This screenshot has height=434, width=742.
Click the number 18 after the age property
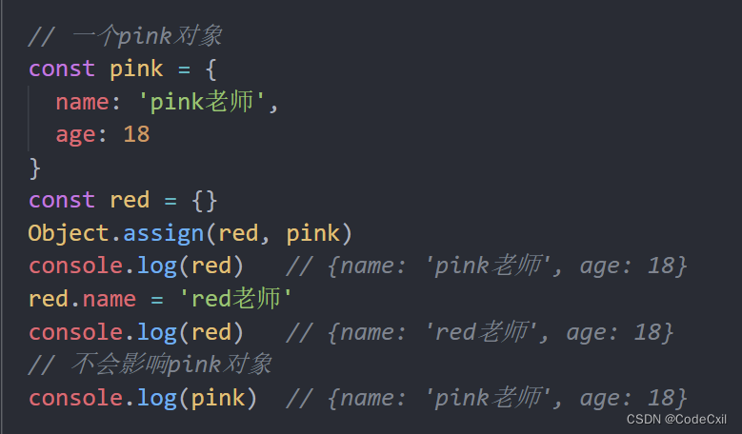[136, 134]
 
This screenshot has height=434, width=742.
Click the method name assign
[163, 233]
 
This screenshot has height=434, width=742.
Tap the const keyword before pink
[62, 69]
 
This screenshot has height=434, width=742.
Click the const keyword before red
[62, 200]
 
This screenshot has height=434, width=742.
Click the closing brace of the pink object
[35, 168]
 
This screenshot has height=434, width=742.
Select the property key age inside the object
[75, 134]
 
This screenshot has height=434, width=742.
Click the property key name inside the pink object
[81, 102]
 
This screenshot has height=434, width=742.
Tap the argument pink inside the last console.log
[217, 398]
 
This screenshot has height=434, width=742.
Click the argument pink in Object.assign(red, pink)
[312, 233]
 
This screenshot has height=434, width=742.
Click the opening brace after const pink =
[211, 69]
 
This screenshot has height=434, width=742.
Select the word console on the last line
[75, 398]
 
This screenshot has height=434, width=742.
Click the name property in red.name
[109, 299]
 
